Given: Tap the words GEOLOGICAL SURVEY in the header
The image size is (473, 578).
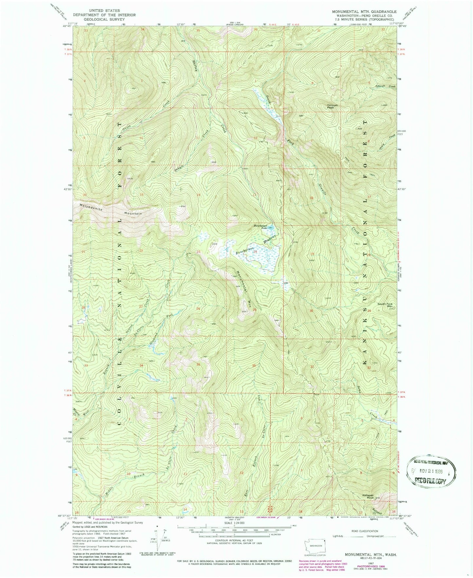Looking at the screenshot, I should pos(104,19).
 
